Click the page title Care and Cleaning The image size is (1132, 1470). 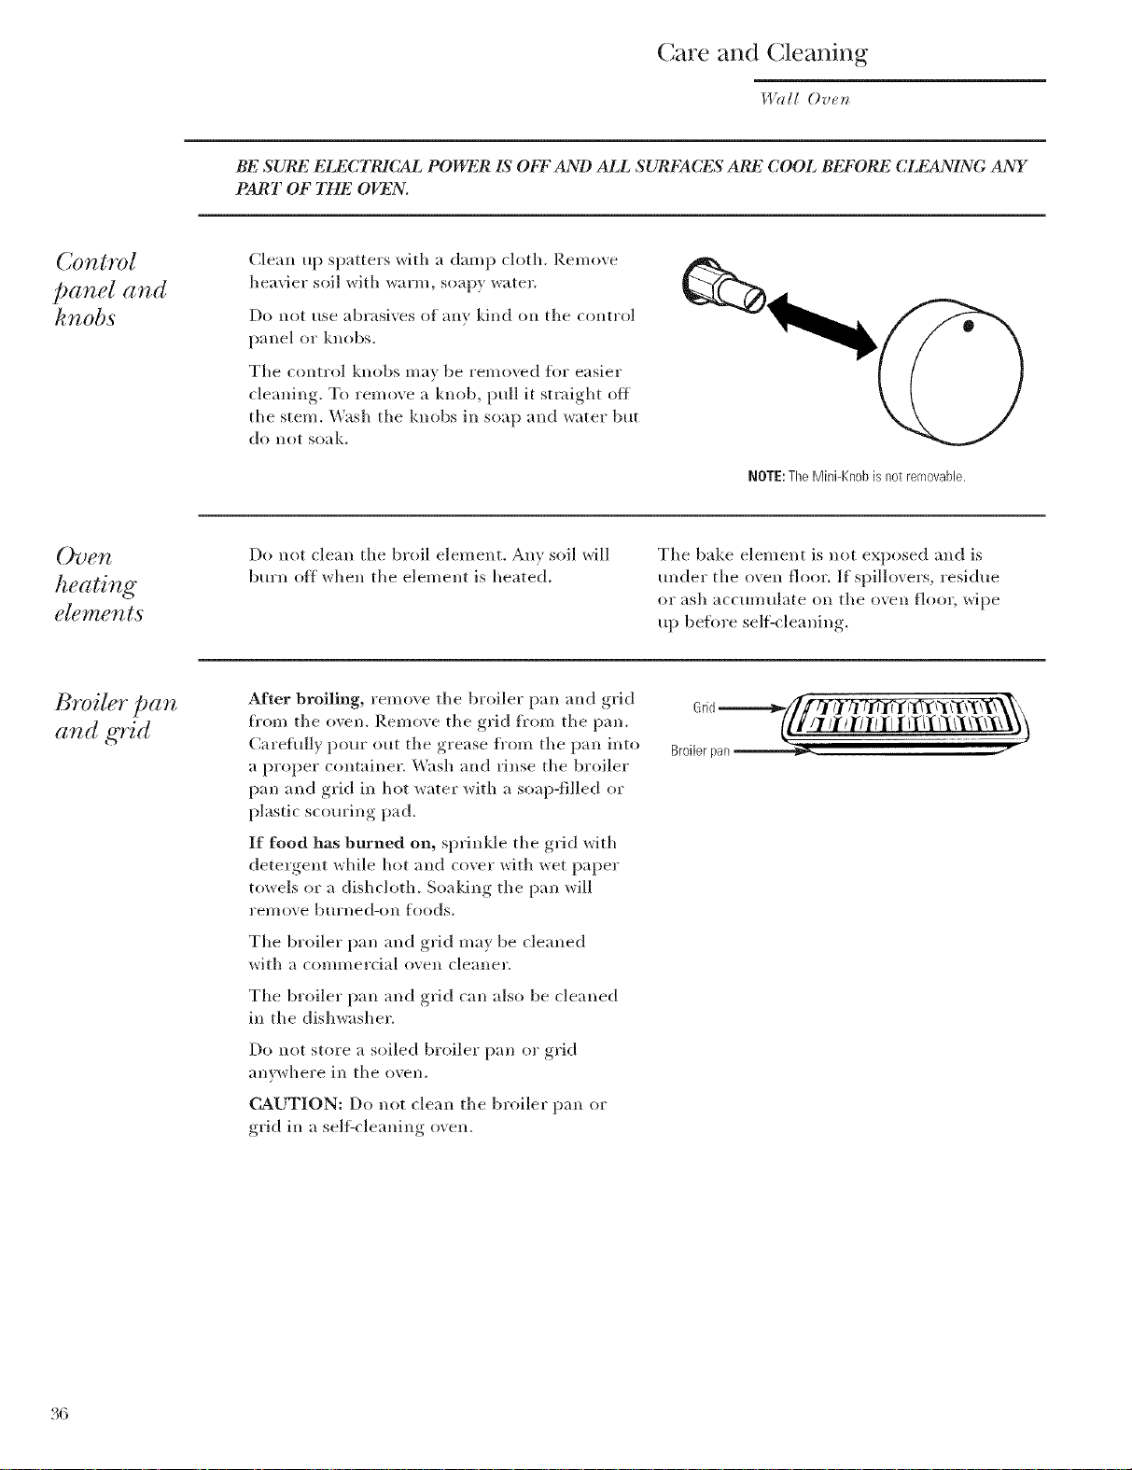(762, 52)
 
